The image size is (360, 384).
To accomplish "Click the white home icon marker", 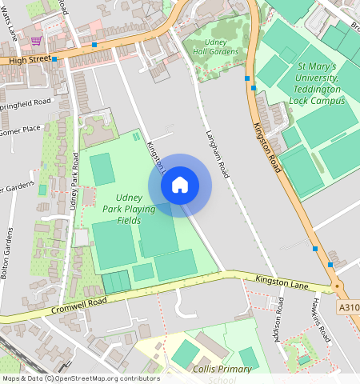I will (x=180, y=186).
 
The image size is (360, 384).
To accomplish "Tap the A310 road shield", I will (x=348, y=306).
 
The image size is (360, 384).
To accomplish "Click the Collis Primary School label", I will (x=222, y=370).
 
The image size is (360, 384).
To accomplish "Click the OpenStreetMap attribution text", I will (x=80, y=378).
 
